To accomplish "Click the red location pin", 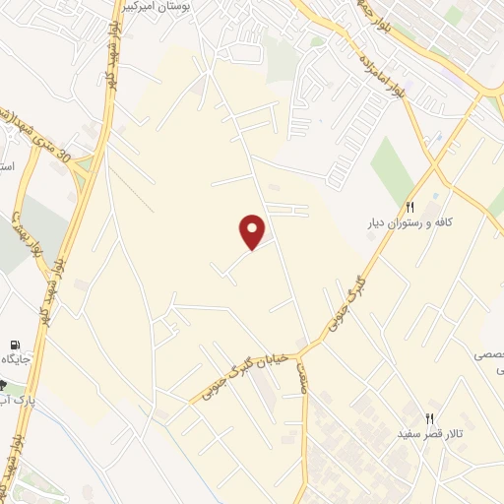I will tap(253, 231).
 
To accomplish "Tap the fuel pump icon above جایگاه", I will tap(13, 346).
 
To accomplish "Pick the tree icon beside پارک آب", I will tap(3, 386).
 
